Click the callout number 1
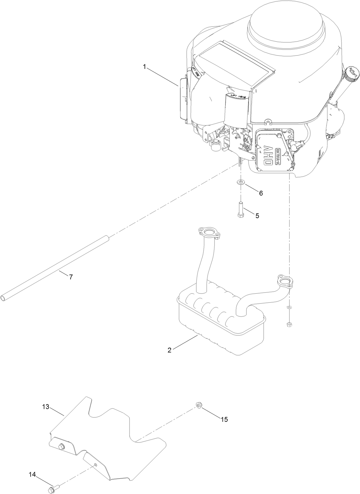(144, 67)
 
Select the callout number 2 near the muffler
(170, 350)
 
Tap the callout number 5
(257, 216)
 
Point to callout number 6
(261, 193)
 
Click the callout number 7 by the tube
(71, 277)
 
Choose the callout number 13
(45, 407)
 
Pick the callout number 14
(32, 474)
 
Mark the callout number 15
(224, 419)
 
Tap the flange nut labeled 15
(198, 406)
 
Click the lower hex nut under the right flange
(289, 324)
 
